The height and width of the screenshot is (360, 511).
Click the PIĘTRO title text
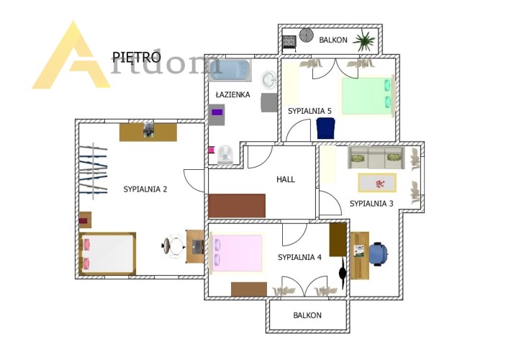136,58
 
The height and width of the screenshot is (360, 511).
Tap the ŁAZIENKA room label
233,95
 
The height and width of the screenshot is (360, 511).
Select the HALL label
286,179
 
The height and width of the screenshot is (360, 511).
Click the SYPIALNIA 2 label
145,189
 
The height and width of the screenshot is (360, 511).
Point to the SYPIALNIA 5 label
309,111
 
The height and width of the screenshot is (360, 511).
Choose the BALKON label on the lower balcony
307,315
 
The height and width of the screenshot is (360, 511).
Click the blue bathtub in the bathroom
230,70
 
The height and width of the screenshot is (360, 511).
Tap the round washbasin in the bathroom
269,80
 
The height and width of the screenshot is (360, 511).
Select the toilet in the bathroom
225,154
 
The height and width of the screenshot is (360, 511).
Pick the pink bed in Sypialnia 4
237,253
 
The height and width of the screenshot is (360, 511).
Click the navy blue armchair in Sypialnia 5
325,128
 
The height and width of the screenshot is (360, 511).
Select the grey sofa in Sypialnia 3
376,158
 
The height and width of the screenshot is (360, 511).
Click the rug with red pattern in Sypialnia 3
377,183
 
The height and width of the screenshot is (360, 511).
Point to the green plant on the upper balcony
363,40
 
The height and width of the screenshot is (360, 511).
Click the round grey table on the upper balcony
306,35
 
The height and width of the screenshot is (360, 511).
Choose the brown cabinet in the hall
237,206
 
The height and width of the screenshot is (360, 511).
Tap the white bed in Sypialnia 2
107,253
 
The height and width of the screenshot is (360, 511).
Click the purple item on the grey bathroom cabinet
217,112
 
